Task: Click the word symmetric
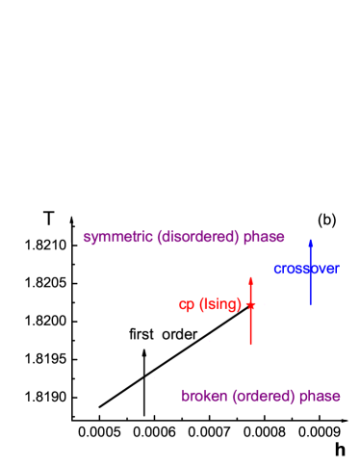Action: point(118,237)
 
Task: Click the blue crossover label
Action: point(305,270)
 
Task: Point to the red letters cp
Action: point(187,305)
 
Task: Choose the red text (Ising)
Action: point(220,305)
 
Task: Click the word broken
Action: point(204,396)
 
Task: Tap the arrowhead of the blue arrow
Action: point(310,242)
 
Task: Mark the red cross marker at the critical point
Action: point(250,304)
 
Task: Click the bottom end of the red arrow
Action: point(250,345)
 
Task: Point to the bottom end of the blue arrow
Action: point(310,305)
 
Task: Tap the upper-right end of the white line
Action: point(320,259)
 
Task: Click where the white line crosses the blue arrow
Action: point(310,265)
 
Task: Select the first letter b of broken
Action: point(185,396)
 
